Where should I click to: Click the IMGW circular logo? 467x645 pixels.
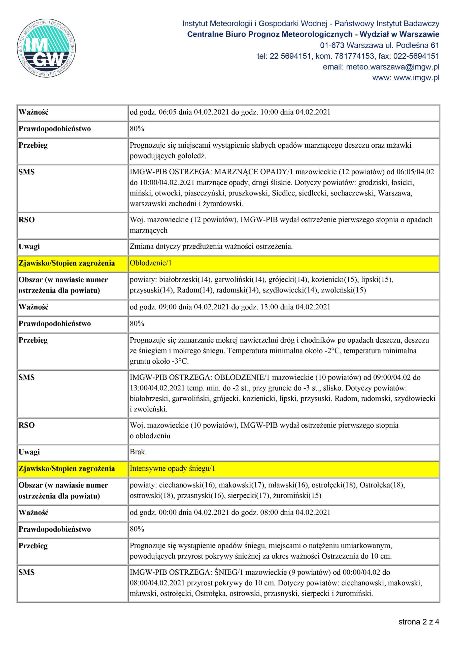(46, 48)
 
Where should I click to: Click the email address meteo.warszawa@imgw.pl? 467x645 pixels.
(381, 67)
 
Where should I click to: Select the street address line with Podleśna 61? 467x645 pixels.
(379, 45)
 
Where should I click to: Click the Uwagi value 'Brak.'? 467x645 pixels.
(138, 452)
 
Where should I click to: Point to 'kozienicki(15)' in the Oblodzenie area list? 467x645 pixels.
(334, 280)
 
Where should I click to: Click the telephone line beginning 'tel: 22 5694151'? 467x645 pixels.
(348, 56)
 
